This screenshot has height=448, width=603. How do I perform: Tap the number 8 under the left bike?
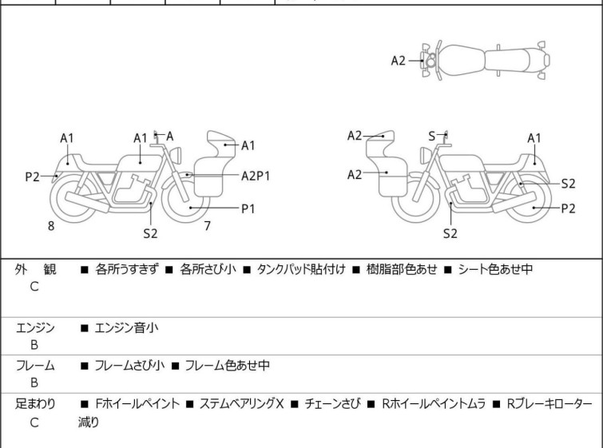click(51, 226)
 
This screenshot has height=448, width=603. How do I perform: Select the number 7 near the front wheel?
click(207, 226)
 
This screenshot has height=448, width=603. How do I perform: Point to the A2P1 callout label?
click(256, 175)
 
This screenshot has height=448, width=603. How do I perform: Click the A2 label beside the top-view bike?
click(399, 60)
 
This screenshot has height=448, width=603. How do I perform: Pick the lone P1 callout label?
click(248, 208)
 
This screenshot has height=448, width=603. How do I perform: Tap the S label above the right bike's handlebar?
click(432, 136)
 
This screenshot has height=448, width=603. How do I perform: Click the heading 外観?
click(36, 269)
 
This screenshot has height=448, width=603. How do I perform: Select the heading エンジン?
click(36, 327)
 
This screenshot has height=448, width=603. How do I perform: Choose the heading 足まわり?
click(36, 404)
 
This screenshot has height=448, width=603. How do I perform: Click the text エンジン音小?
click(128, 327)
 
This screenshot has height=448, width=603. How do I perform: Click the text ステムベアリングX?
click(241, 404)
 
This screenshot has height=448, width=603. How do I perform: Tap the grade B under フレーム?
click(34, 383)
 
